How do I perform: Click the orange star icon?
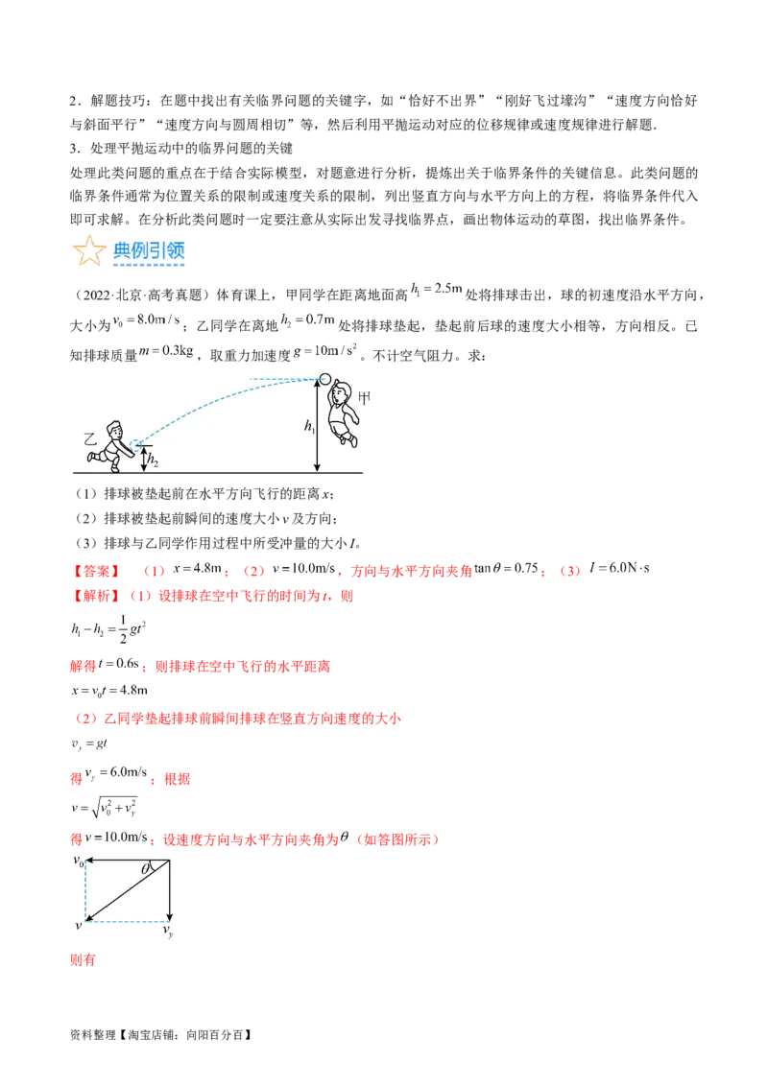88,251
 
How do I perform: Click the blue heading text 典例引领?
149,251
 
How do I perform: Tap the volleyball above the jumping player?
324,378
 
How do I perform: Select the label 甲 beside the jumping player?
365,396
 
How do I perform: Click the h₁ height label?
309,428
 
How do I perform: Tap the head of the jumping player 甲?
340,394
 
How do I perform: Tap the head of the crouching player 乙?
114,429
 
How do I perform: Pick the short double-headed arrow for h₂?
143,460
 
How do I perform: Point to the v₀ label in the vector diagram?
79,861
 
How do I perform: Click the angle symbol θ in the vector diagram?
146,869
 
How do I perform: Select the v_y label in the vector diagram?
168,931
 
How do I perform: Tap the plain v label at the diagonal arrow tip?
78,925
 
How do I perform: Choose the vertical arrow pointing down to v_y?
170,892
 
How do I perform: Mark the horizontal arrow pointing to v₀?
127,862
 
